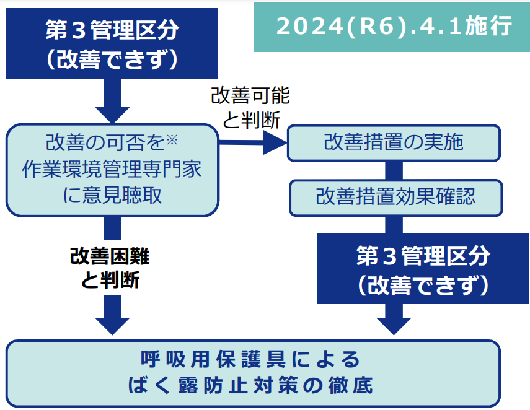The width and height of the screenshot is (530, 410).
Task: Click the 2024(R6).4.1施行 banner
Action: [392, 27]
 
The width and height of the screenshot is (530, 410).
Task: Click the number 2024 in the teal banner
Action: [309, 26]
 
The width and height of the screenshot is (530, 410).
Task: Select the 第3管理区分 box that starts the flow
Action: [112, 43]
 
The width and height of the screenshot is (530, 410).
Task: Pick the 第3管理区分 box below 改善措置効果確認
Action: [423, 269]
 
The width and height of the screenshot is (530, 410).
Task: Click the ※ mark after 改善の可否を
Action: [172, 139]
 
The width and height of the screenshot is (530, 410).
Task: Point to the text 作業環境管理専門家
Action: [112, 169]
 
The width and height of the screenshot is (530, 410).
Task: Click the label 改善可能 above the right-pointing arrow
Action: [250, 95]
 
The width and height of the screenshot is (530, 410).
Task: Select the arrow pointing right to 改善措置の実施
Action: [253, 142]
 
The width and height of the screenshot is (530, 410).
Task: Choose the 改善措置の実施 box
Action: [394, 143]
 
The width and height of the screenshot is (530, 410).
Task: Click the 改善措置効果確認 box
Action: [396, 198]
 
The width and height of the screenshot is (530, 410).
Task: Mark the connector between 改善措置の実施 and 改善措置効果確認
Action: [394, 170]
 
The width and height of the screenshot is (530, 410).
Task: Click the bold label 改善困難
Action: [110, 256]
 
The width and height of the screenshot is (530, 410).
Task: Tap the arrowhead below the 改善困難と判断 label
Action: [112, 326]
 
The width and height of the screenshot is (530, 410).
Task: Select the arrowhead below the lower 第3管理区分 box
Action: [394, 326]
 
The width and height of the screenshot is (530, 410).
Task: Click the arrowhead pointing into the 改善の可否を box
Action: [112, 115]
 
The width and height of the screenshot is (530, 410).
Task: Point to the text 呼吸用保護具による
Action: [250, 359]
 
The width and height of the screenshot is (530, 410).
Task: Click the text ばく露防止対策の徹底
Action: [250, 385]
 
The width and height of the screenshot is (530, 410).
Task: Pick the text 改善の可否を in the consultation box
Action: [105, 142]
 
